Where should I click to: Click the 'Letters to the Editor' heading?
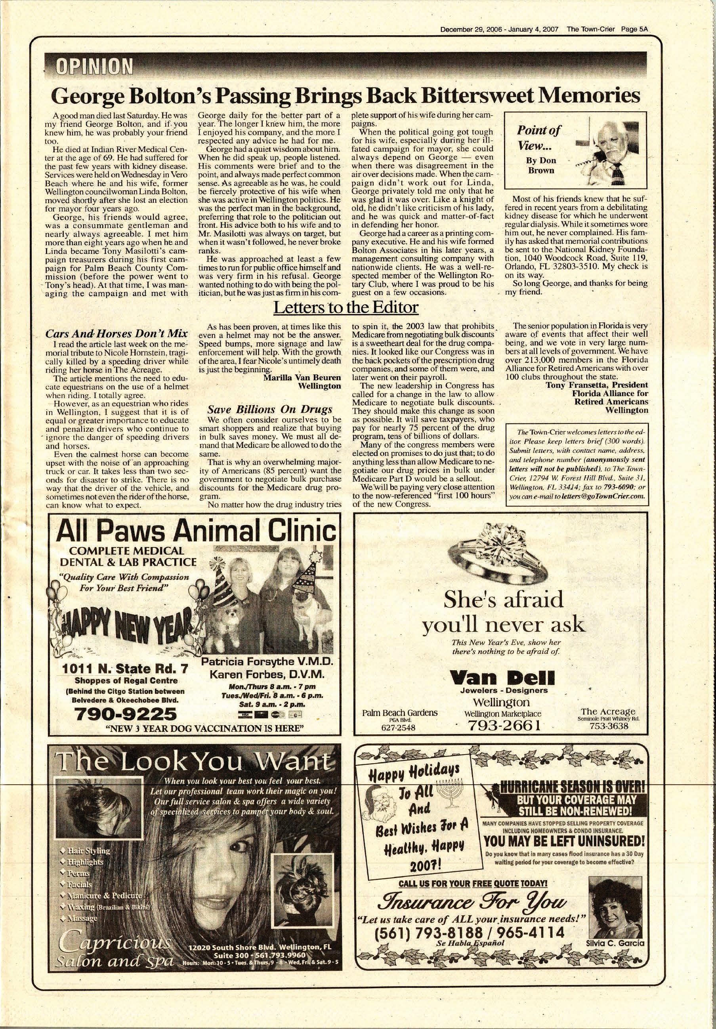point(346,307)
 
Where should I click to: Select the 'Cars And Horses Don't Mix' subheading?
point(116,334)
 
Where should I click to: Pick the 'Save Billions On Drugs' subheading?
point(269,409)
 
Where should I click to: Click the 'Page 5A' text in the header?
point(635,30)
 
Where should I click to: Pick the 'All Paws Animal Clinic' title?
point(197,532)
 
